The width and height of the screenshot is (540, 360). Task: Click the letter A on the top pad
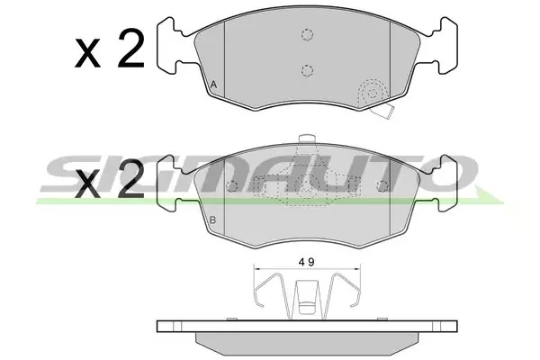click(214, 85)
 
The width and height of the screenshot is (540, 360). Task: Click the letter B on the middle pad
click(212, 220)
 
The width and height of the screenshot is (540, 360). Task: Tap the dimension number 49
click(307, 263)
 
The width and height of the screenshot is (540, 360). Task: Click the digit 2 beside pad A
click(130, 48)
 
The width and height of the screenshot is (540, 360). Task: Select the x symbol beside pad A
click(88, 53)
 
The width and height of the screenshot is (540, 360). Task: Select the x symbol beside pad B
click(88, 185)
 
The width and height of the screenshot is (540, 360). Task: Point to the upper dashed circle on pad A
click(307, 34)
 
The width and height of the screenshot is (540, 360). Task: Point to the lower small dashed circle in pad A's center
click(307, 70)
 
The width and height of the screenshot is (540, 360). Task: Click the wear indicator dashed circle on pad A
click(373, 93)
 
